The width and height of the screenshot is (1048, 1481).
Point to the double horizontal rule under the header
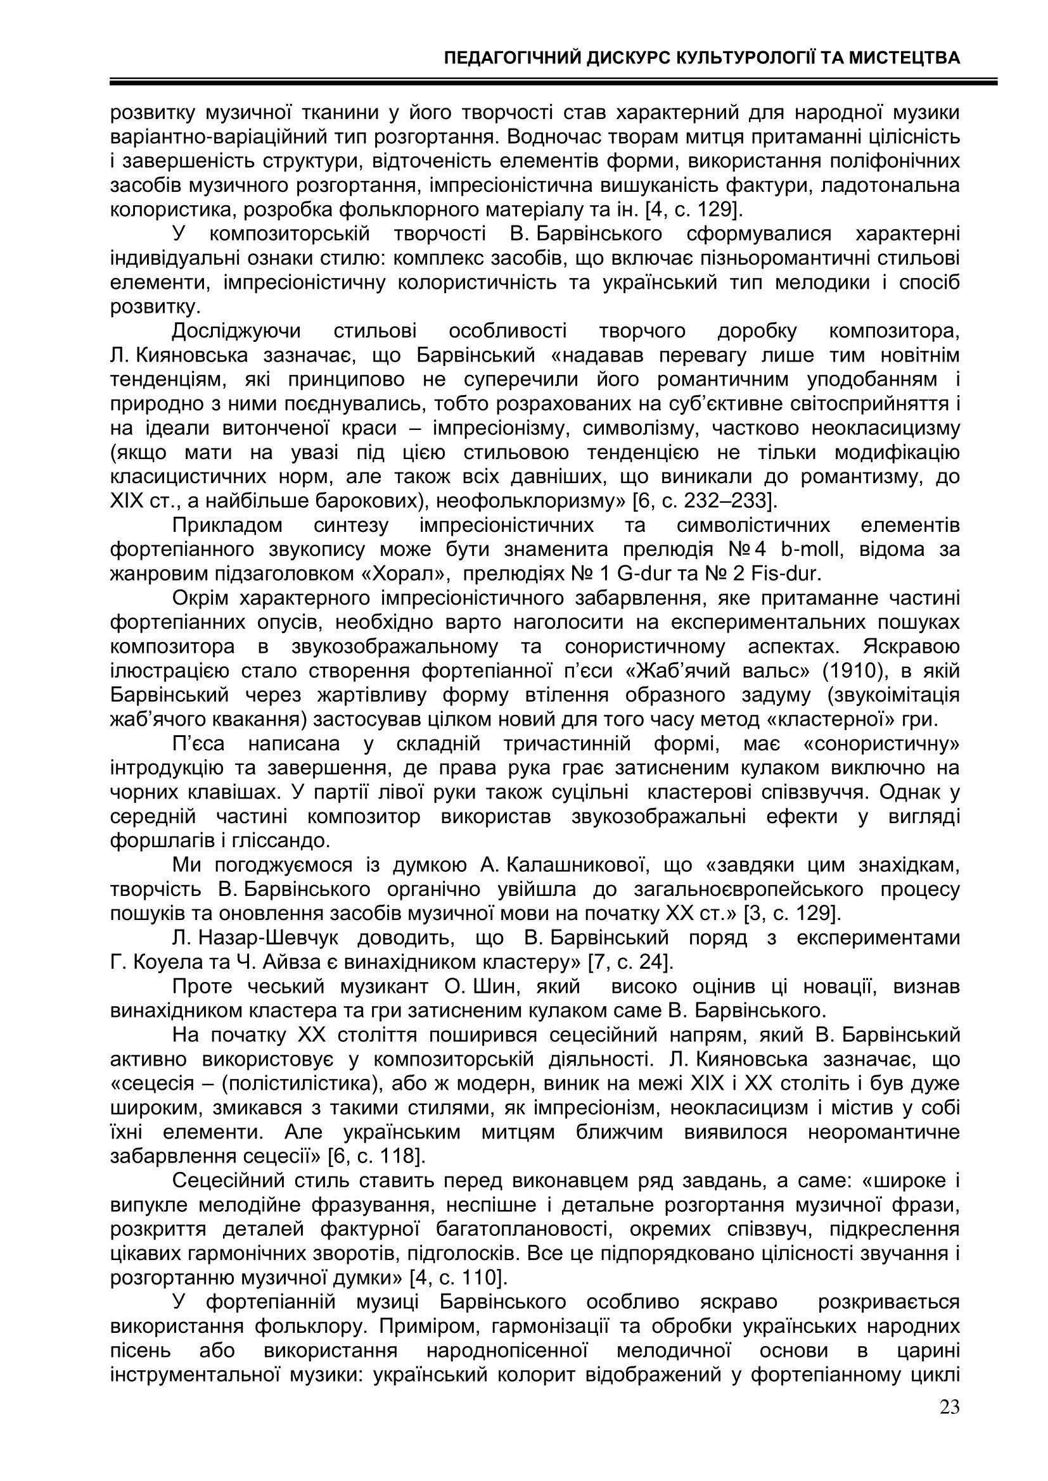click(x=554, y=82)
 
